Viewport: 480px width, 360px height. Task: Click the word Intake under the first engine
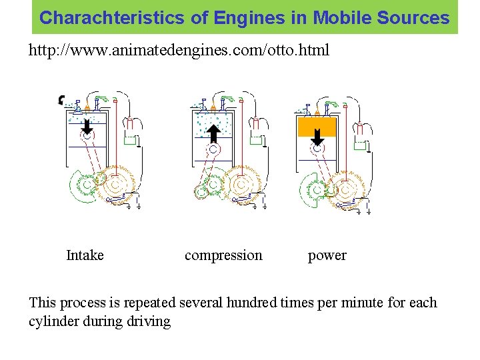point(85,255)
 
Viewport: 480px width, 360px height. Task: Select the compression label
point(223,255)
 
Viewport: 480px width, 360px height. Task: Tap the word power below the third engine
point(327,255)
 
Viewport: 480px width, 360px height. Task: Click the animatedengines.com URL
point(179,50)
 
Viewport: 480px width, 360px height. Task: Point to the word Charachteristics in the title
point(114,18)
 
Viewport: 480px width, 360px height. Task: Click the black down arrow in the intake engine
point(87,125)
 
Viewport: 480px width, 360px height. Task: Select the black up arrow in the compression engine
point(213,133)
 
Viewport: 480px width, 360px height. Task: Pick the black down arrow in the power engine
point(318,136)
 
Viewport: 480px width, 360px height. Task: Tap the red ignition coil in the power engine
point(363,127)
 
